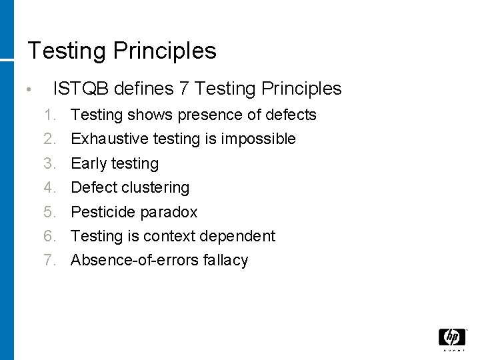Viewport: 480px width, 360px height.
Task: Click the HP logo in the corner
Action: point(451,339)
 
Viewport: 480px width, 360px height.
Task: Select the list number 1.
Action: point(49,115)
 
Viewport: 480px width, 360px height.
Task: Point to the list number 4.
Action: point(49,188)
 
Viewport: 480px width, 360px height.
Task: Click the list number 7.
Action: point(49,261)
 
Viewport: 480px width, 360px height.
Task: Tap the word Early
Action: point(90,163)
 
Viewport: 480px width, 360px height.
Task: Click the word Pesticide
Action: point(101,212)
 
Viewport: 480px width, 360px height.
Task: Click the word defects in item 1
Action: point(291,115)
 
